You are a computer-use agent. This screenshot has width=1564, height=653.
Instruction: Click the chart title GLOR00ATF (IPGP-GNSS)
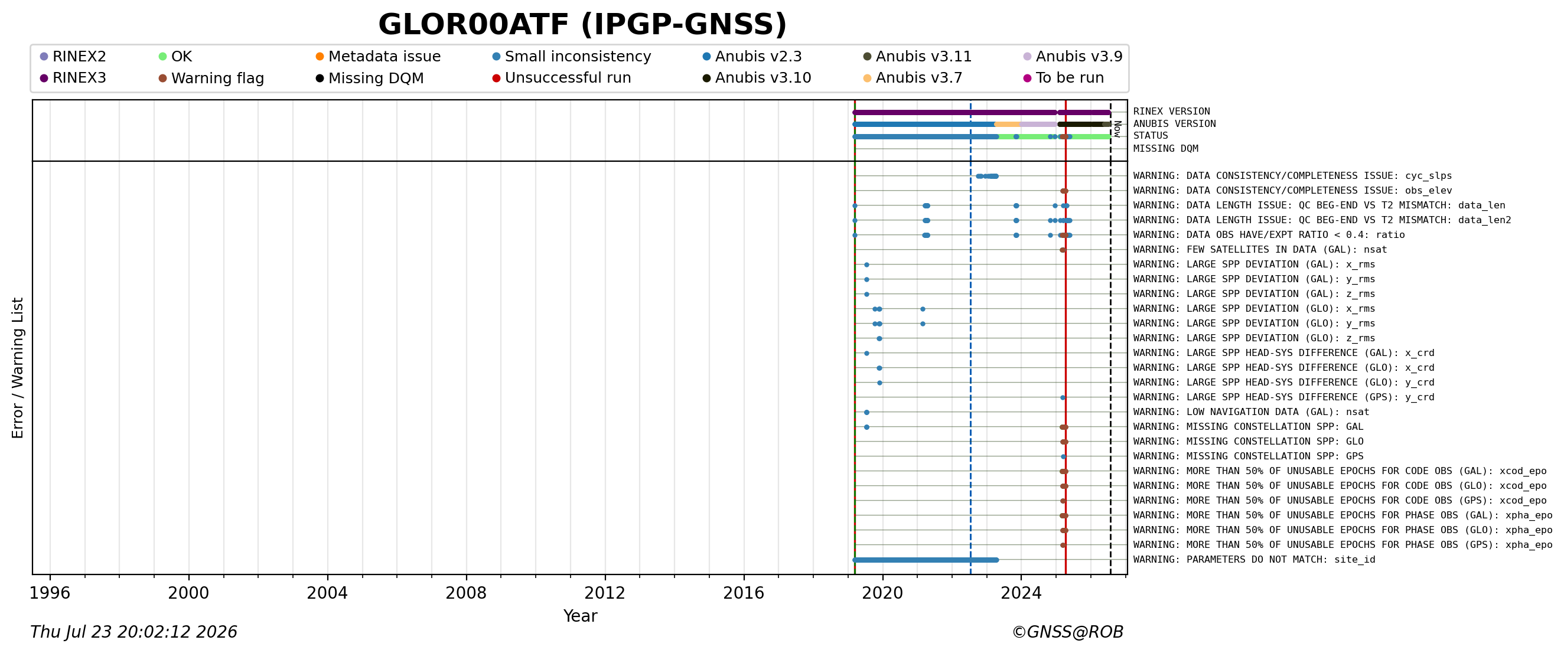click(582, 25)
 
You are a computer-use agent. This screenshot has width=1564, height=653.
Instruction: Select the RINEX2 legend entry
click(73, 57)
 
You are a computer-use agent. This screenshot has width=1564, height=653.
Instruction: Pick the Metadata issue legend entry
click(377, 57)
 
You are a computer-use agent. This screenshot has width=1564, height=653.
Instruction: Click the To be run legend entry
click(1064, 78)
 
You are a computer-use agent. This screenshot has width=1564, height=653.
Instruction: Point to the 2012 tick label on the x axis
click(605, 593)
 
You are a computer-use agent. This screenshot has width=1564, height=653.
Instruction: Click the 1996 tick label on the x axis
click(50, 593)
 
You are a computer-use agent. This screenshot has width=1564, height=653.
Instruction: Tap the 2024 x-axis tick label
click(1021, 593)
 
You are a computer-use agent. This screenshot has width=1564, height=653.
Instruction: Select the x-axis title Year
click(580, 616)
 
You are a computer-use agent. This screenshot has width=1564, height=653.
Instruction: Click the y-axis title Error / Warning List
click(17, 368)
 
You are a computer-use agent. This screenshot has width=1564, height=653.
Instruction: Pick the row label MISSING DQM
click(1165, 149)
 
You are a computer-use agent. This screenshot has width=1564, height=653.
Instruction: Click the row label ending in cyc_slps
click(1292, 176)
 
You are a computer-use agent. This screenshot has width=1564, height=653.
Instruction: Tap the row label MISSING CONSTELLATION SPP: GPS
click(1247, 456)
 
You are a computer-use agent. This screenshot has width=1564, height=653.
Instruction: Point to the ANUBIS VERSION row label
click(1174, 124)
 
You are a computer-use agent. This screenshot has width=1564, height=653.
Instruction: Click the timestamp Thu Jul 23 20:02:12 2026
click(133, 632)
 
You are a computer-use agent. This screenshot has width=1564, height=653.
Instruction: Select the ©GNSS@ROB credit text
click(1067, 632)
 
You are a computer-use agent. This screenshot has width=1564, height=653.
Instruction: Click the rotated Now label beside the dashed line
click(1117, 129)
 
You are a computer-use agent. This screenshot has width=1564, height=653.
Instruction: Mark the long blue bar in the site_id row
click(926, 560)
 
